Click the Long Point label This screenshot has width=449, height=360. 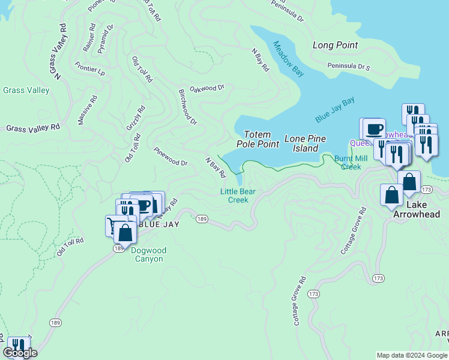point(335,45)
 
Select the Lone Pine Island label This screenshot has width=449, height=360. point(305,143)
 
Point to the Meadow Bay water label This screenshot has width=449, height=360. point(288,58)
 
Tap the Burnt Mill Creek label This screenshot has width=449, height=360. point(351,163)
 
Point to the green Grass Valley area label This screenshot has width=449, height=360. point(26,91)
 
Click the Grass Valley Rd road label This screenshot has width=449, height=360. point(33,128)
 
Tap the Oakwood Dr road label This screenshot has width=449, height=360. point(206,88)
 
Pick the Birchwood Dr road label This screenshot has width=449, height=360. point(187,107)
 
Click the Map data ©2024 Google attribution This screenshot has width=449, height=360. point(411,355)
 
